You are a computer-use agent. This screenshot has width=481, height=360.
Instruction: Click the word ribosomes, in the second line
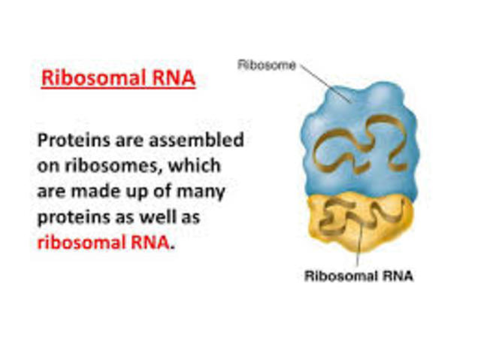point(107,165)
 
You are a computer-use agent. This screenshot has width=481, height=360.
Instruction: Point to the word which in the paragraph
point(196,165)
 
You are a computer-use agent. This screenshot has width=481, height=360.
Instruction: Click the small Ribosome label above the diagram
point(266,65)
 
